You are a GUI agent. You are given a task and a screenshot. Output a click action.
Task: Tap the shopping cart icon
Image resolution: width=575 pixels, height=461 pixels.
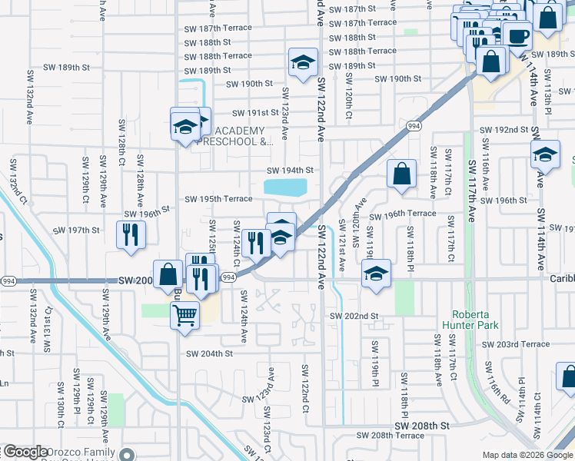click(184, 314)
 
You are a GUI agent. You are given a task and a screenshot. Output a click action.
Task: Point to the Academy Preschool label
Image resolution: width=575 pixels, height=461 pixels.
click(234, 136)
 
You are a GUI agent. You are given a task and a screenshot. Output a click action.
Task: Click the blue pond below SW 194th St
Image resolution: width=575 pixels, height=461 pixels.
click(285, 187)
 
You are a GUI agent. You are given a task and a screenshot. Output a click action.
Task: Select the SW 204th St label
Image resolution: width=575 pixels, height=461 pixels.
click(209, 353)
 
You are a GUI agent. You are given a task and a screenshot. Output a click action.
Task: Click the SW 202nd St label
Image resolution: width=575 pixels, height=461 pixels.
click(354, 316)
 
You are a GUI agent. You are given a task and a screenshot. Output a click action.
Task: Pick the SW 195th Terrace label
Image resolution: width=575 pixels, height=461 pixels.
click(218, 199)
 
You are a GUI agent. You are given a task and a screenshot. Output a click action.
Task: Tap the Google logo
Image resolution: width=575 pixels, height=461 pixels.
click(26, 453)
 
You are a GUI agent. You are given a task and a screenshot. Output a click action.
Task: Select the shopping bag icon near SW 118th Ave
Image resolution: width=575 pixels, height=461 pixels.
click(401, 174)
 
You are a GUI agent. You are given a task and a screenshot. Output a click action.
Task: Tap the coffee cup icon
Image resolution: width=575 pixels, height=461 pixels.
click(517, 35)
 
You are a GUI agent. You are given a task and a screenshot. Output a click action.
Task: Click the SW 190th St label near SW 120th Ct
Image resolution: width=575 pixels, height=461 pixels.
click(397, 79)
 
